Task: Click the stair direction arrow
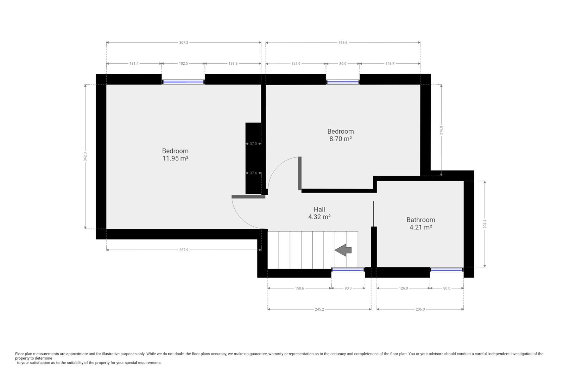(343, 250)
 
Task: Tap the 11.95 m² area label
(175, 158)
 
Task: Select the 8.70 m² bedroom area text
(341, 139)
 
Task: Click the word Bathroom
(421, 220)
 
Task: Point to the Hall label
(319, 209)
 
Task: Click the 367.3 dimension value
(184, 43)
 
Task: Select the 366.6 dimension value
(343, 43)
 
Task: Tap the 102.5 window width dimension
(183, 64)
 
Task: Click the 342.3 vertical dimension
(85, 157)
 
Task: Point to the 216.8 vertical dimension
(441, 130)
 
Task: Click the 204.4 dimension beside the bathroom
(485, 224)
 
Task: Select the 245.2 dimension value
(319, 309)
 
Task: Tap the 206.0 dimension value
(420, 309)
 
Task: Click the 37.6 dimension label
(253, 173)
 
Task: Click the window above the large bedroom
(183, 82)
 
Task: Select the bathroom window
(446, 270)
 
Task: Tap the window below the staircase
(348, 270)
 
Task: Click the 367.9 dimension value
(184, 250)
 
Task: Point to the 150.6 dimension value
(299, 288)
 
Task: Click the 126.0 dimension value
(403, 288)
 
